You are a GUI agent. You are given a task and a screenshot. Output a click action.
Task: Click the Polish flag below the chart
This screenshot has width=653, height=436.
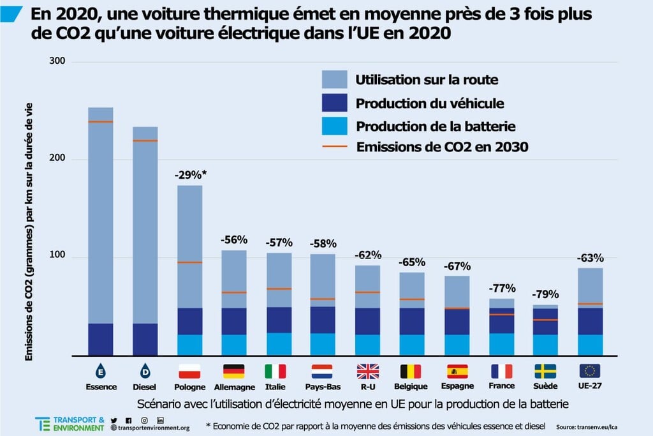189,371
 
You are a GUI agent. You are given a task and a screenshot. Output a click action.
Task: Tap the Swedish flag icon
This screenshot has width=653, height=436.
545,371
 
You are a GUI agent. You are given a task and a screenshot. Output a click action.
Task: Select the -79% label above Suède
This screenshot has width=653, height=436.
545,294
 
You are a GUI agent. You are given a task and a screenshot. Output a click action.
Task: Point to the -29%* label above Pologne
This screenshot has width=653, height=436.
189,174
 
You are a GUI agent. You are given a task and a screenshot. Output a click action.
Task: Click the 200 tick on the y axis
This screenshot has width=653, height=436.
57,159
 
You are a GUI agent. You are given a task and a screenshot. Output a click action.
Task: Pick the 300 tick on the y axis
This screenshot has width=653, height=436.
57,61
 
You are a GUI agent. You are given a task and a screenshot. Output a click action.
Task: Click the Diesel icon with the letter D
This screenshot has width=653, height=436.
145,371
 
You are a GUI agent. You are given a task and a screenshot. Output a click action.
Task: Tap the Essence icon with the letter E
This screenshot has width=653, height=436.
101,371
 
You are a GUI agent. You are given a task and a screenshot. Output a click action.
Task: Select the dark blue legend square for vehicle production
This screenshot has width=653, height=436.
335,103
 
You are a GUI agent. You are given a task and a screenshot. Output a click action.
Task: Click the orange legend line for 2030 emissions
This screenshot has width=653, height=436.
335,147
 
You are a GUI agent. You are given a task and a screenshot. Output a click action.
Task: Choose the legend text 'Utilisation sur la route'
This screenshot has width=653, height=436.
427,80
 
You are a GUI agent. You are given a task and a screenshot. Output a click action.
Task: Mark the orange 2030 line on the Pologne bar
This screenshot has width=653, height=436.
189,262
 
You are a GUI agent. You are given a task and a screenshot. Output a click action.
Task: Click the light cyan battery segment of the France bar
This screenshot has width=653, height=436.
502,344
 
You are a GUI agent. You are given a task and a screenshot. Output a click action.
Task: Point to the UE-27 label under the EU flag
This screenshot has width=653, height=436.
590,386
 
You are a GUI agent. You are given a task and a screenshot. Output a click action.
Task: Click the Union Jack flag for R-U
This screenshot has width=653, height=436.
368,371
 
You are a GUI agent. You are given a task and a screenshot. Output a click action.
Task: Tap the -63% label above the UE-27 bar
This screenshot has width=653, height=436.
590,258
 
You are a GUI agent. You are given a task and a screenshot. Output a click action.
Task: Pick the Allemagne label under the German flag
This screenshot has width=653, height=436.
233,387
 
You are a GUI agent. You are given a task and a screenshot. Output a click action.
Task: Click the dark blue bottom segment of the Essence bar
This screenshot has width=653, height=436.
101,339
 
